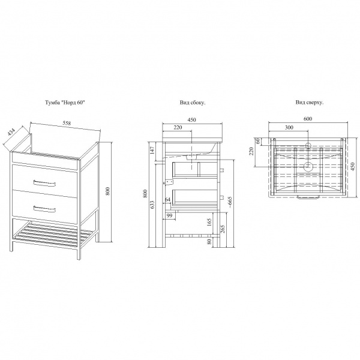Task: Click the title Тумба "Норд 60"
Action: [x=65, y=103]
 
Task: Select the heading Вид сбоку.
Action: [x=193, y=103]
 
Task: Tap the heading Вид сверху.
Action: [x=310, y=103]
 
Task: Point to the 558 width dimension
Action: [x=66, y=123]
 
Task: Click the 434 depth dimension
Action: [x=11, y=133]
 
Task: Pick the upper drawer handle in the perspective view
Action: [x=44, y=183]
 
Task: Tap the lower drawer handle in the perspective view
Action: [x=44, y=209]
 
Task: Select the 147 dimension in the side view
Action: [x=152, y=150]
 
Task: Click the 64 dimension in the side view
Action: [x=167, y=200]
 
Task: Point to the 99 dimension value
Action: [x=169, y=216]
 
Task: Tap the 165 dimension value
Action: [x=209, y=222]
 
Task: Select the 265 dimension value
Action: [x=222, y=229]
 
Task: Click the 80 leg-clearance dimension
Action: [x=209, y=242]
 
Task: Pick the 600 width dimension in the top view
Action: [x=308, y=119]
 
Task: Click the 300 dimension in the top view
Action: [x=289, y=127]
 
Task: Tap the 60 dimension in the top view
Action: [x=257, y=141]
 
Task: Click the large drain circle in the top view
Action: [x=308, y=166]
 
